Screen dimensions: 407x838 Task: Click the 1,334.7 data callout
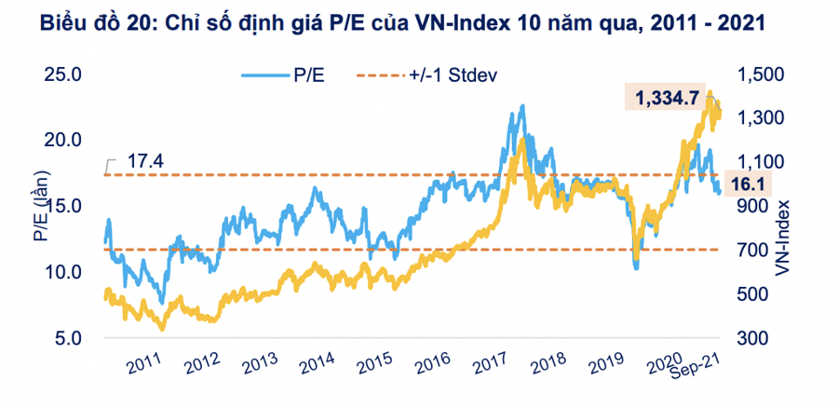point(667,97)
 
